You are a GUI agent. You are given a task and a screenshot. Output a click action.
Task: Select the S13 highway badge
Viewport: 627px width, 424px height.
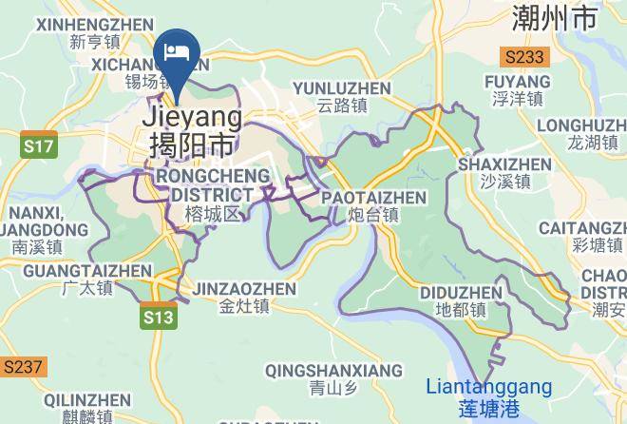point(160,318)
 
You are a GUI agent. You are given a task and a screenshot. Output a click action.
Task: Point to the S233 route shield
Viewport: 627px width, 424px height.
point(525,57)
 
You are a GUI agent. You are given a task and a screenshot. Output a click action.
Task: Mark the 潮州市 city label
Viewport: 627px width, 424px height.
point(567,16)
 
